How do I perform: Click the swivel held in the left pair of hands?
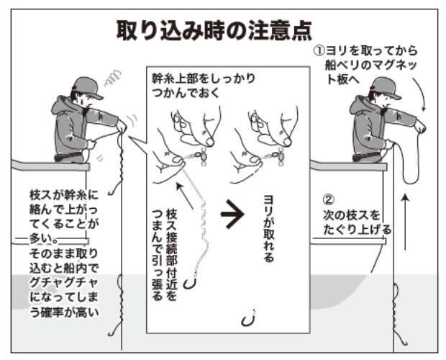(196, 153)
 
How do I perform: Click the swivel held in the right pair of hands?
(277, 153)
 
